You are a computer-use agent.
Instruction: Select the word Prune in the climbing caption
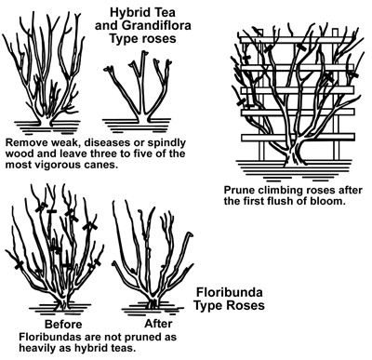click(x=240, y=189)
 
